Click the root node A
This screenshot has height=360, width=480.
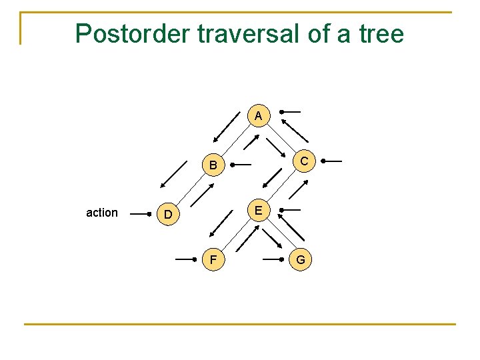coord(258,116)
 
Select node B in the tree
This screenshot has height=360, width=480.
coord(212,165)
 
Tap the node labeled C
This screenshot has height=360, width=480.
coord(303,161)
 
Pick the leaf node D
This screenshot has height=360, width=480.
coord(169,215)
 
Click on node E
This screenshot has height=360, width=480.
coord(258,211)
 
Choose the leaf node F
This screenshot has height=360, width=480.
coord(213,259)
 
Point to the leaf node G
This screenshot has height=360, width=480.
coord(301,259)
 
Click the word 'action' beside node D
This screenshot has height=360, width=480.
coord(102,213)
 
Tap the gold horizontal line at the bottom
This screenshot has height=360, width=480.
coord(240,325)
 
